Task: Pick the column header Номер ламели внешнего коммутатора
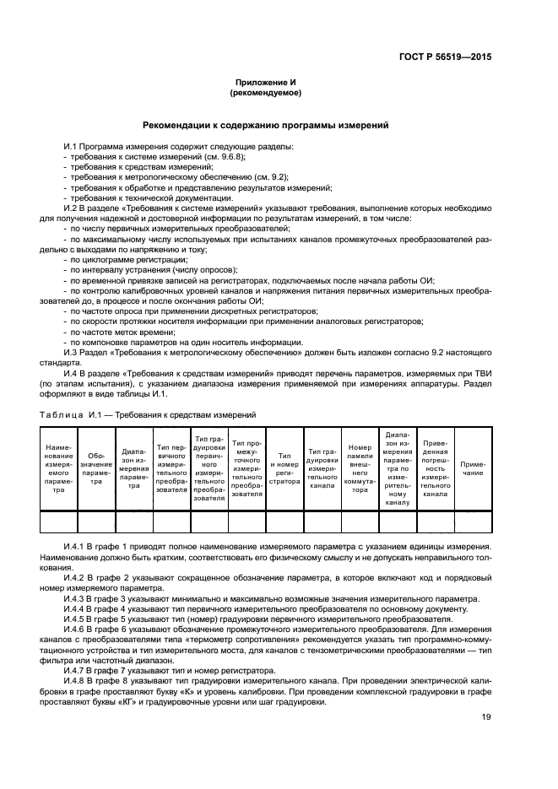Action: (360, 469)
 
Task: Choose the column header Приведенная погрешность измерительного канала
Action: (435, 469)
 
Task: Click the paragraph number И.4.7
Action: (78, 671)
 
